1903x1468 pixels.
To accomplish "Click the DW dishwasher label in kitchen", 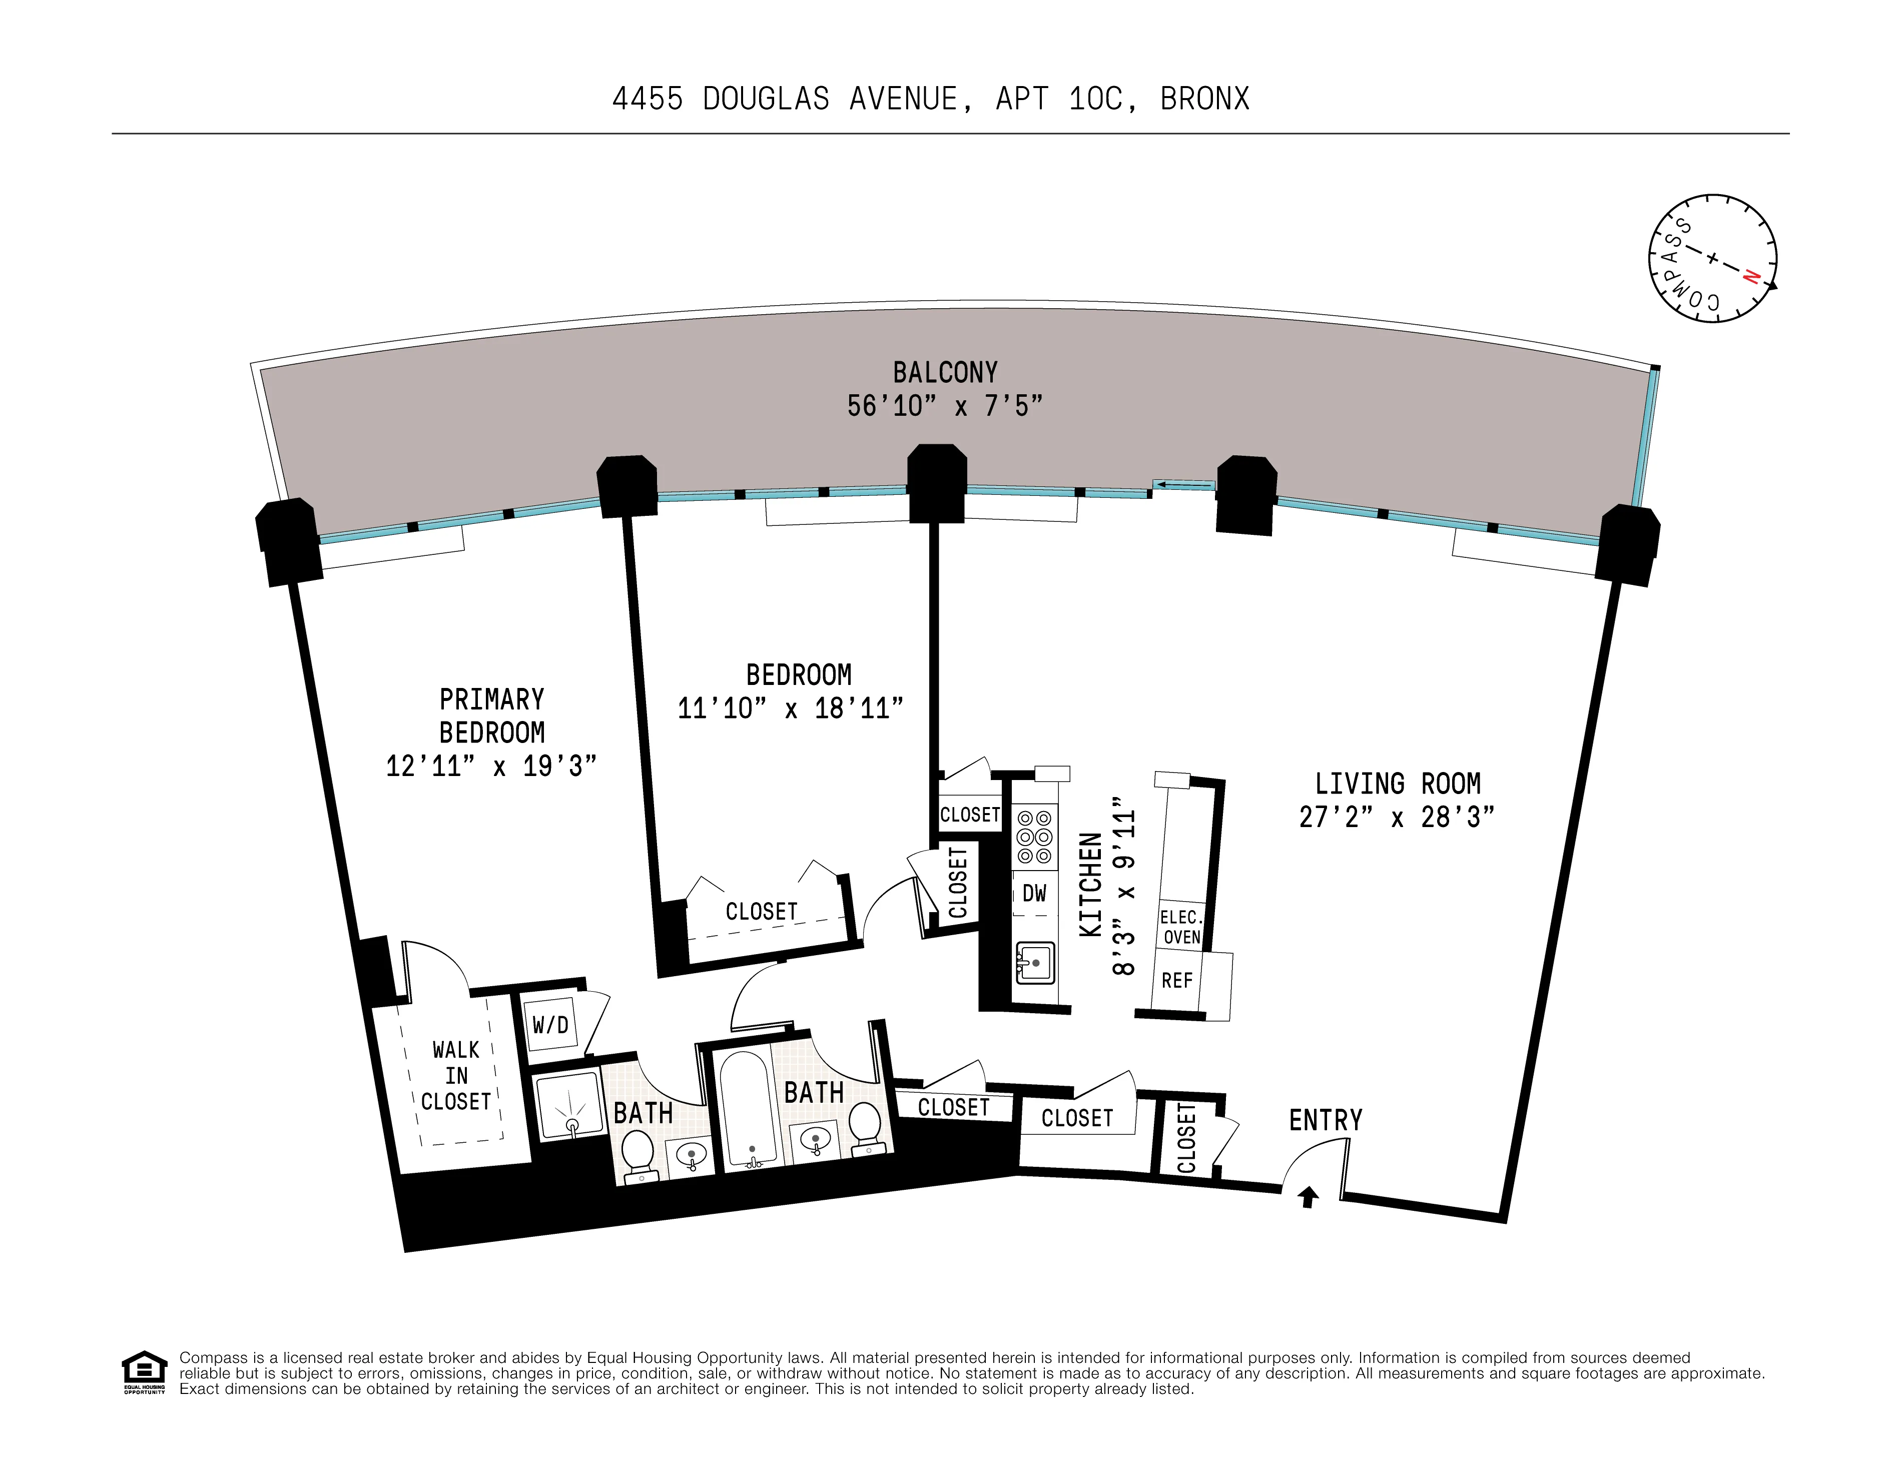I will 1034,893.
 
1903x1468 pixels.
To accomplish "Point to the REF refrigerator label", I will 1176,981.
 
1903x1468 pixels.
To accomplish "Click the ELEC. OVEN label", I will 1181,927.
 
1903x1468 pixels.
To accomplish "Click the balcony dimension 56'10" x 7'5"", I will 945,406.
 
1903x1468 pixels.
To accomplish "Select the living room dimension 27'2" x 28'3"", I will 1397,817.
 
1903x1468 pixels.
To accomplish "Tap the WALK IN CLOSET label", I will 456,1076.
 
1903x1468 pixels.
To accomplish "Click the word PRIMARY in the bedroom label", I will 491,699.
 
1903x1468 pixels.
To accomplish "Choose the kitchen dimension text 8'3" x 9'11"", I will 1124,891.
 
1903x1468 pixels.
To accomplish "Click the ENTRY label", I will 1326,1120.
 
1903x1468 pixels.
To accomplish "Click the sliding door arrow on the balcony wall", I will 1183,485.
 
